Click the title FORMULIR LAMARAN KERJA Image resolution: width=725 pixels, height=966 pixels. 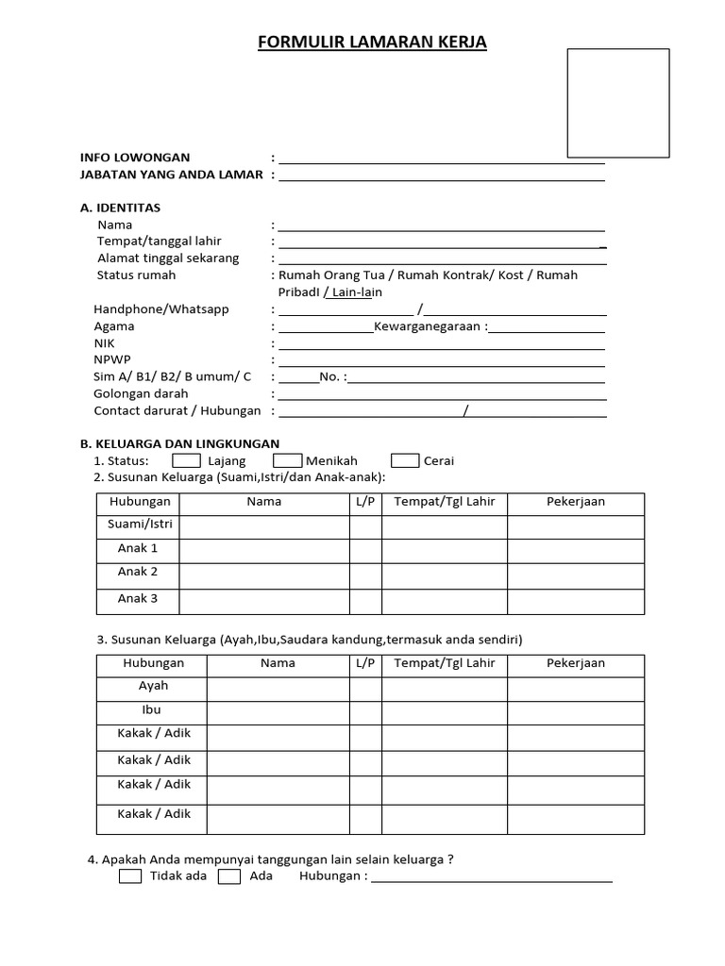372,42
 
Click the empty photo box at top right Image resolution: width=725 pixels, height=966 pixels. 617,103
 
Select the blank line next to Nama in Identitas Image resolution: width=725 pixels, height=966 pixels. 441,225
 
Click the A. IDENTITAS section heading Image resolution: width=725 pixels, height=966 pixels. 121,208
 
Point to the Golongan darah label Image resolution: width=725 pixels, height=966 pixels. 141,393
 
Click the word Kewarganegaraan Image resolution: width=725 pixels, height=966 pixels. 429,326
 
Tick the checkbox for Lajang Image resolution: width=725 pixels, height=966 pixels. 186,460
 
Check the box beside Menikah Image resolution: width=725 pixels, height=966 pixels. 287,460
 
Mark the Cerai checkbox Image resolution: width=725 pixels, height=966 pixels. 405,460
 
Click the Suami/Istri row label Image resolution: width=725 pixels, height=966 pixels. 138,525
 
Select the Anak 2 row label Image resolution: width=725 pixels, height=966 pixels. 138,572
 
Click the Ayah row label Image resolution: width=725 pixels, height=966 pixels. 153,686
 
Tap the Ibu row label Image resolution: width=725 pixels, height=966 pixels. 153,709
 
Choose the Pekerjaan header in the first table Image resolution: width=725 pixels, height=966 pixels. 576,502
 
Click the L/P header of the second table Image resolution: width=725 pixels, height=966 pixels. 366,663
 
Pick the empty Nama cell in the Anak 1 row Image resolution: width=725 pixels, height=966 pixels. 264,550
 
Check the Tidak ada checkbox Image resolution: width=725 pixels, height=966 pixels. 131,876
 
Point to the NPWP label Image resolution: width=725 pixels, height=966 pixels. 111,359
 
